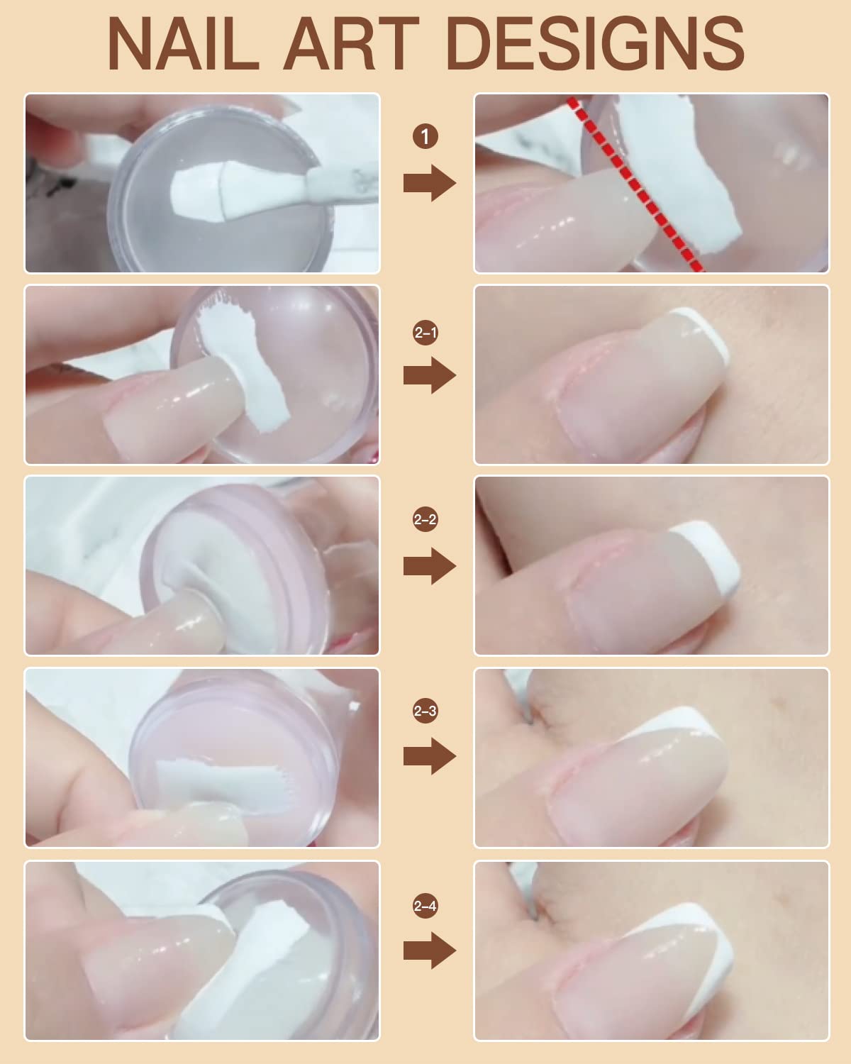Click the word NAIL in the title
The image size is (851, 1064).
tap(183, 44)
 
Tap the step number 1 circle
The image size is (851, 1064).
tap(425, 136)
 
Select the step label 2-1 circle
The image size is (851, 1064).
tap(425, 332)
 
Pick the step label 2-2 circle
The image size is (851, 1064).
tap(425, 520)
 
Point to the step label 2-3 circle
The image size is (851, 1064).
tap(425, 711)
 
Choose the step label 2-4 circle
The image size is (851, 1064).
tap(425, 906)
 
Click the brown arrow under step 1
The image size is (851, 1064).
tap(429, 184)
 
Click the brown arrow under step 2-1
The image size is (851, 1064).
tap(429, 375)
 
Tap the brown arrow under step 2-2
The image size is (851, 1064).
tap(429, 566)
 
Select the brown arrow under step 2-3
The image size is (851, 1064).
tap(429, 757)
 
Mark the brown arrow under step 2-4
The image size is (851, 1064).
tap(429, 951)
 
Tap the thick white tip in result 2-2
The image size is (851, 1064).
tap(716, 553)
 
